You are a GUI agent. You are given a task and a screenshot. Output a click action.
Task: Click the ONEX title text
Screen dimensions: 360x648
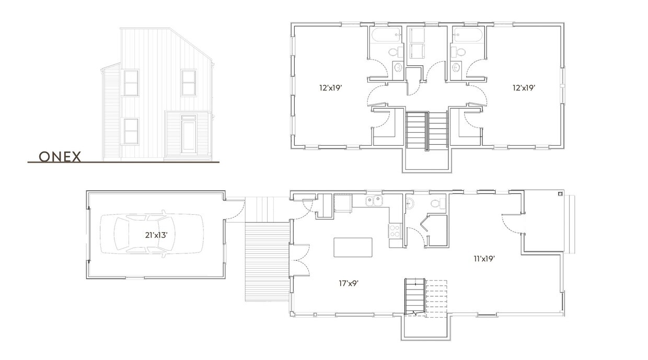click(x=60, y=157)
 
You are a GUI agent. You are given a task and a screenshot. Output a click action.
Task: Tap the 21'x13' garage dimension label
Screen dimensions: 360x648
click(x=156, y=235)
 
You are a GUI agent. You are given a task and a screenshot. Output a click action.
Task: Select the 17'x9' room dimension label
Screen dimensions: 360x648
click(x=348, y=283)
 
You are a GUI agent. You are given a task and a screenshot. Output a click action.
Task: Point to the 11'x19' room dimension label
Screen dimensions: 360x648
click(x=484, y=258)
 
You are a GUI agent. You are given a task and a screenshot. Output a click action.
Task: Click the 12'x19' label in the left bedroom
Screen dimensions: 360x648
click(x=330, y=88)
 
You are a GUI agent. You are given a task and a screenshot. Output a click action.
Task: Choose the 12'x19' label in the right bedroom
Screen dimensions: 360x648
click(x=524, y=88)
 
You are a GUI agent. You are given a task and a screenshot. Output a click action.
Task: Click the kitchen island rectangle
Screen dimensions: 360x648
click(x=353, y=247)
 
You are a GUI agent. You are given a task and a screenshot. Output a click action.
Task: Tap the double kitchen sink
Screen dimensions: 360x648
click(x=374, y=200)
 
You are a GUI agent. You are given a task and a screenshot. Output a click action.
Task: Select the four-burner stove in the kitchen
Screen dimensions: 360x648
click(x=394, y=231)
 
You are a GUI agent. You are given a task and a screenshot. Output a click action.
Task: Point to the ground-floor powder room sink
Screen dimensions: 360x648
click(x=410, y=203)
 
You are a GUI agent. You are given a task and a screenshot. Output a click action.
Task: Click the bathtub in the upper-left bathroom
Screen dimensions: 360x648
click(x=386, y=36)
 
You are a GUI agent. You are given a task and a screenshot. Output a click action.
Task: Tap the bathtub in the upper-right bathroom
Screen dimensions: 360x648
click(x=468, y=36)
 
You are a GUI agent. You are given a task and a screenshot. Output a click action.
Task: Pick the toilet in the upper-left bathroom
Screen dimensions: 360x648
click(x=395, y=52)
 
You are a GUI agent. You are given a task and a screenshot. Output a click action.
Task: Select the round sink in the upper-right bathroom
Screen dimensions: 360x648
click(x=456, y=67)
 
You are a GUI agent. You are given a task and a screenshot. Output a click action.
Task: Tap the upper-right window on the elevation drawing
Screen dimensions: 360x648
click(x=189, y=83)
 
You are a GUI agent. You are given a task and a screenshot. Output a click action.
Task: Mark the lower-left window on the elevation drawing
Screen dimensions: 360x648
click(x=131, y=131)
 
